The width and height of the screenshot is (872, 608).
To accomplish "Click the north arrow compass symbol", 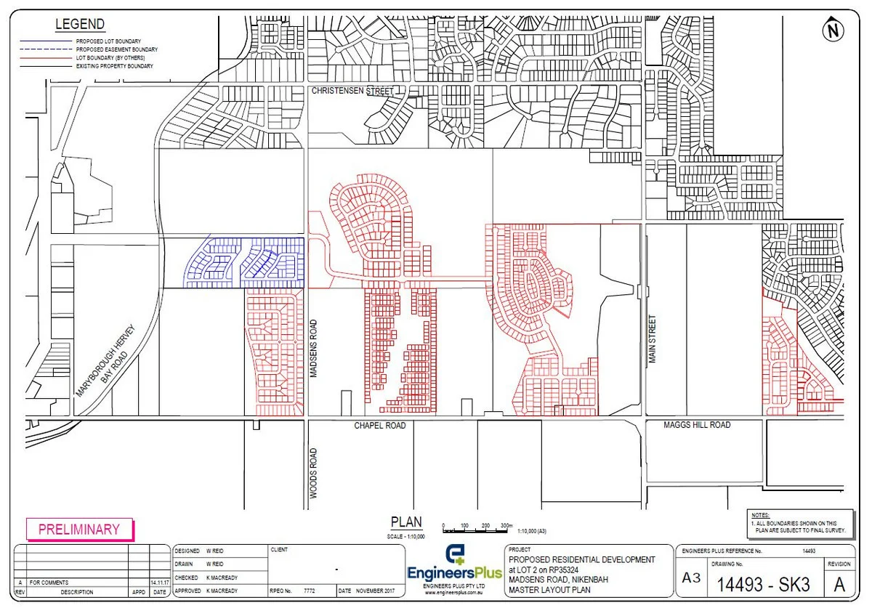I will coord(833,31).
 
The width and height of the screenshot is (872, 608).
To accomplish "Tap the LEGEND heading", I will coord(80,25).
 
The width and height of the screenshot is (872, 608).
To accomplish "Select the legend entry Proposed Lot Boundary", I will coord(108,41).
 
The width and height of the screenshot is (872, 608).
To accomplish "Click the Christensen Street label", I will coord(352,92).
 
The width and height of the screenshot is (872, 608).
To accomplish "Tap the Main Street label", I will coord(652,339).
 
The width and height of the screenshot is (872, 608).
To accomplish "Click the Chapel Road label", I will coord(380,425).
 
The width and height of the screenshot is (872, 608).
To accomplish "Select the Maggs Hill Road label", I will coord(697,424).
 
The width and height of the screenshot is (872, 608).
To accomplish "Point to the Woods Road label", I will coord(314,473).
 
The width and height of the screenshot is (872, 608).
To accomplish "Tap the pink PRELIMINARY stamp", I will coord(79,530).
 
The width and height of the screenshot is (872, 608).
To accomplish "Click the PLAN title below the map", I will coord(405,522).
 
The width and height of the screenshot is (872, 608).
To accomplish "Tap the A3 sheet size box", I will coord(689,579).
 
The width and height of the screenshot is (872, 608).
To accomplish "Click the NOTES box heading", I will coord(761,514).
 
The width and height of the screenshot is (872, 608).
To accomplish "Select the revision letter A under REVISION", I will coord(839,584).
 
